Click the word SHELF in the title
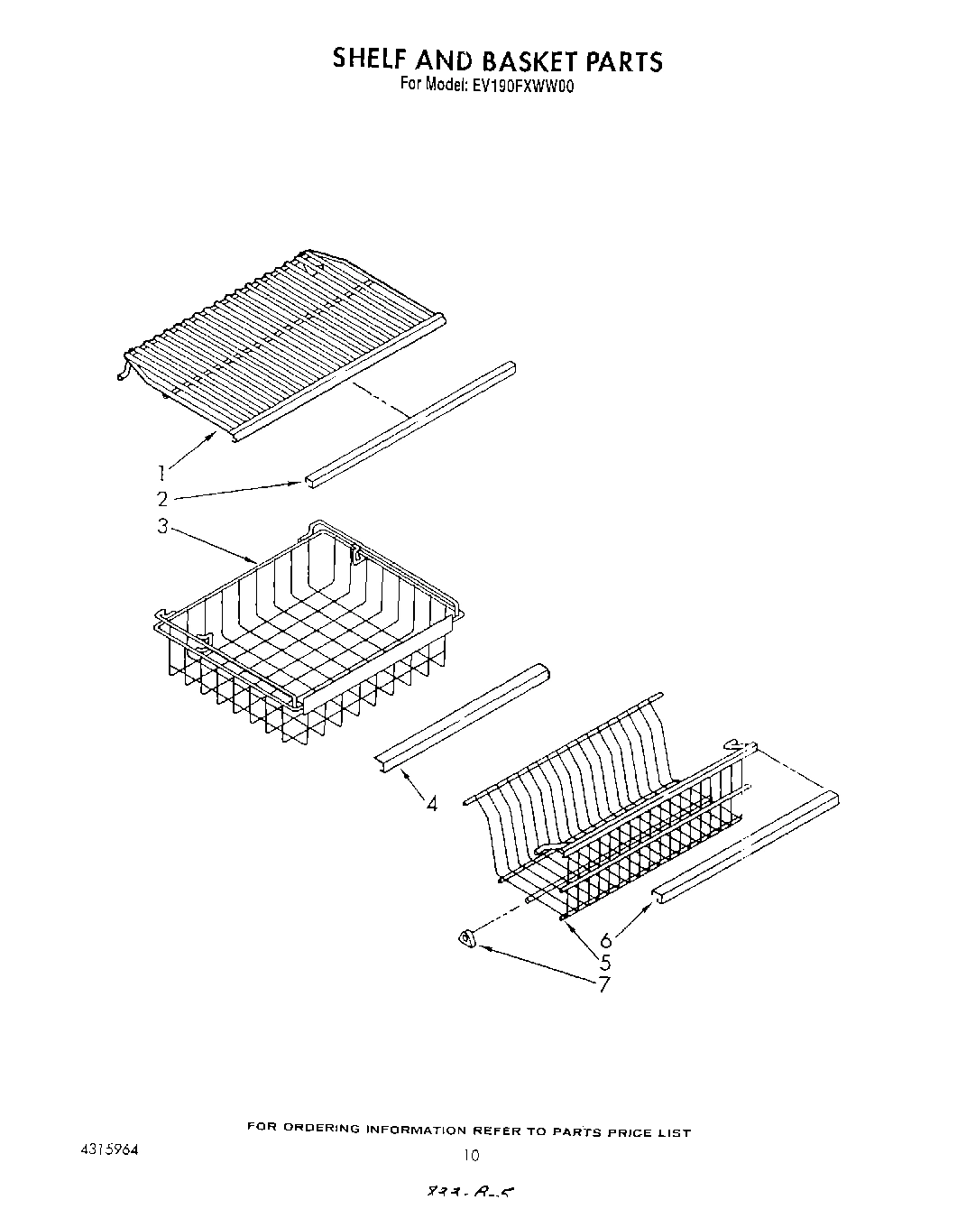[x=370, y=60]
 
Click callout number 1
[x=161, y=471]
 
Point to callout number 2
[x=162, y=499]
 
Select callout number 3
[x=162, y=526]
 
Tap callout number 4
[x=431, y=803]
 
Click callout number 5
[x=605, y=962]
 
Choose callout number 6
[x=605, y=940]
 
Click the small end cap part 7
[x=467, y=941]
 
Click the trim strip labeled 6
[x=745, y=844]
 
